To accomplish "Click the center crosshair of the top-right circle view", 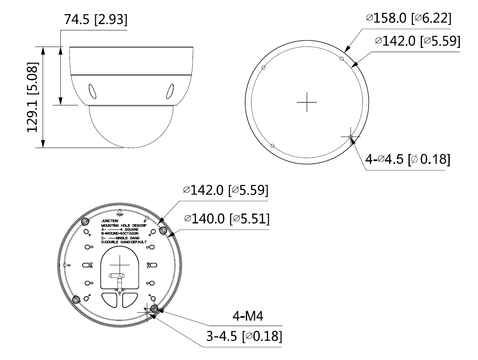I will (x=307, y=102).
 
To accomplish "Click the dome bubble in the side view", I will (x=131, y=126).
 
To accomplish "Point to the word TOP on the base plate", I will (x=120, y=215).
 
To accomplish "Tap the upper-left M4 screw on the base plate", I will (x=85, y=221).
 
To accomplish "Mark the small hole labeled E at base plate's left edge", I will (x=65, y=264).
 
